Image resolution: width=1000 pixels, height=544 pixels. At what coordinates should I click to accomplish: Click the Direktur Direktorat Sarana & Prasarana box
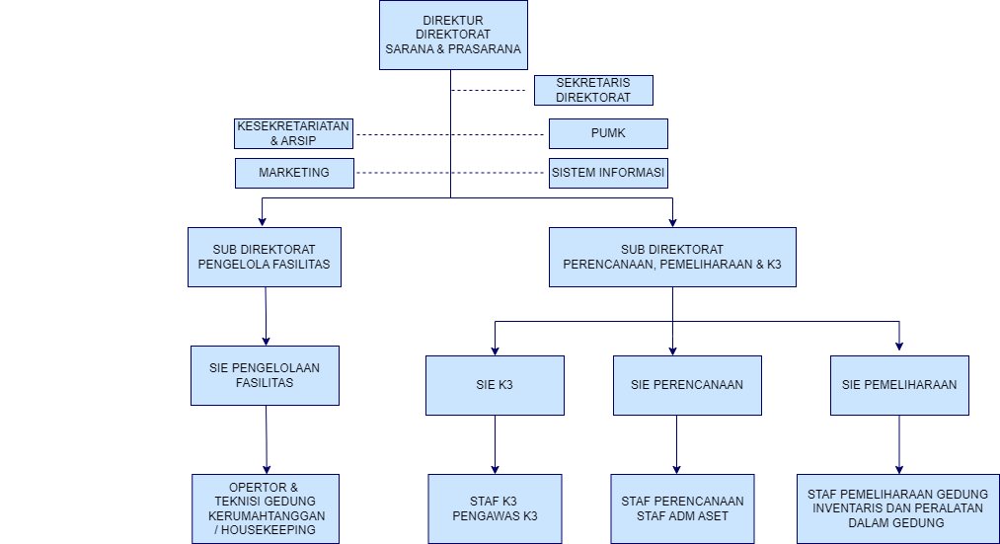[x=453, y=35]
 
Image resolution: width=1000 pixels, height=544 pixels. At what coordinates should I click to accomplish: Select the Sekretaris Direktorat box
[x=594, y=90]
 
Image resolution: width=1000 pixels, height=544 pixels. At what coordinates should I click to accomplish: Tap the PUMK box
[x=608, y=133]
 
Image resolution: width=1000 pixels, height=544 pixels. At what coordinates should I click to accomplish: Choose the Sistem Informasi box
[x=608, y=173]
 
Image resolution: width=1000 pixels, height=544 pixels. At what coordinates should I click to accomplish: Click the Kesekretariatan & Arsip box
[x=293, y=133]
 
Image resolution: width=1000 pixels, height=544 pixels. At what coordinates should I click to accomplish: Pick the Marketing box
[x=293, y=173]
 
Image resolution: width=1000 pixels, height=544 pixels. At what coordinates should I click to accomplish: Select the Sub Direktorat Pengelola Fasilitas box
[x=265, y=257]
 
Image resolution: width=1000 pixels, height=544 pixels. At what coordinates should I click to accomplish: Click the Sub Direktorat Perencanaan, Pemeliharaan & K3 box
[x=672, y=257]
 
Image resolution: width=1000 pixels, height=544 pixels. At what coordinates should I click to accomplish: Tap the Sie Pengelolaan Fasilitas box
[x=265, y=375]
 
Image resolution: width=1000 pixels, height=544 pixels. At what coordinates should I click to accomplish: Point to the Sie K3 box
[x=496, y=385]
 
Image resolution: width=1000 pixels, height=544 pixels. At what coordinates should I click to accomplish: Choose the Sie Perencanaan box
[x=687, y=385]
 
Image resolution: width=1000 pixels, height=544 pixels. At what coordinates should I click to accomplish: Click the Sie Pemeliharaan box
[x=899, y=385]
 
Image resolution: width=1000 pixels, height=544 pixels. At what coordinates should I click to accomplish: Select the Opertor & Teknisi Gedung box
[x=265, y=508]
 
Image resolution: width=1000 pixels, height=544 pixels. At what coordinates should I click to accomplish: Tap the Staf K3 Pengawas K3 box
[x=495, y=508]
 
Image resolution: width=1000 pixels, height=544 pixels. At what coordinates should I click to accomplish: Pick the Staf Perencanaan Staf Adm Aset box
[x=682, y=508]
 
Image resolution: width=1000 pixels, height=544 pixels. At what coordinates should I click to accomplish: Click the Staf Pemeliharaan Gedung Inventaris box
[x=898, y=508]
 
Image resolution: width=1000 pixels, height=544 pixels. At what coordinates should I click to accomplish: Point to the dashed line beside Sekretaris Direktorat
[x=489, y=91]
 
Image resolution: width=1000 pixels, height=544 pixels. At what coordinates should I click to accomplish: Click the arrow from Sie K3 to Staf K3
[x=496, y=444]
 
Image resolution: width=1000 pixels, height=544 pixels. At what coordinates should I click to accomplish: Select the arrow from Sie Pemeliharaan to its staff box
[x=899, y=444]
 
